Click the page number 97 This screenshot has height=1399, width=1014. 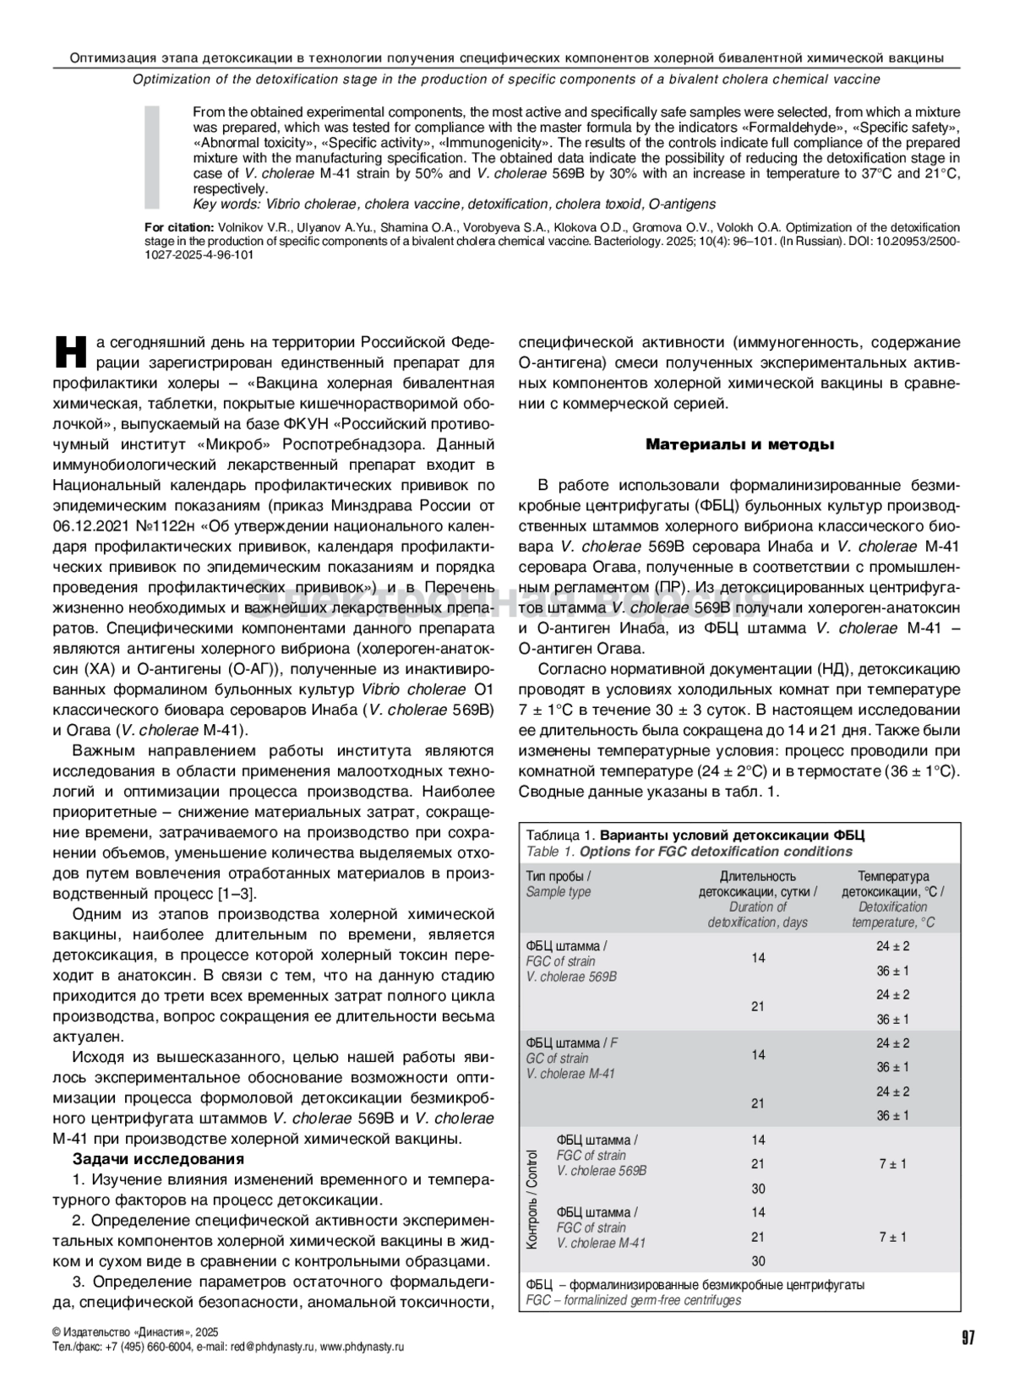click(x=968, y=1337)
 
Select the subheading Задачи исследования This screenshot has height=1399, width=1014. click(x=158, y=1158)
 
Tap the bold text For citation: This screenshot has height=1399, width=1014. click(x=179, y=227)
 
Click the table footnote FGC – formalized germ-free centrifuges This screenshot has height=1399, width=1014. click(x=633, y=1299)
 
